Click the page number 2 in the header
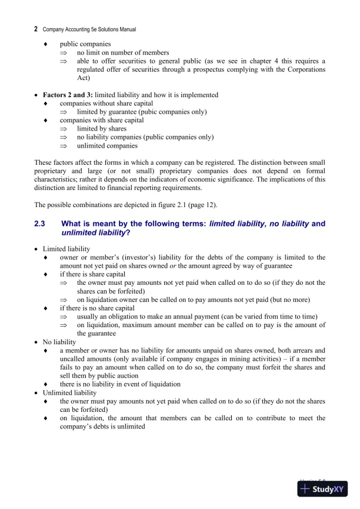(x=36, y=28)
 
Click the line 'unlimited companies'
(x=107, y=145)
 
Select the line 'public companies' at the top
(x=85, y=44)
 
